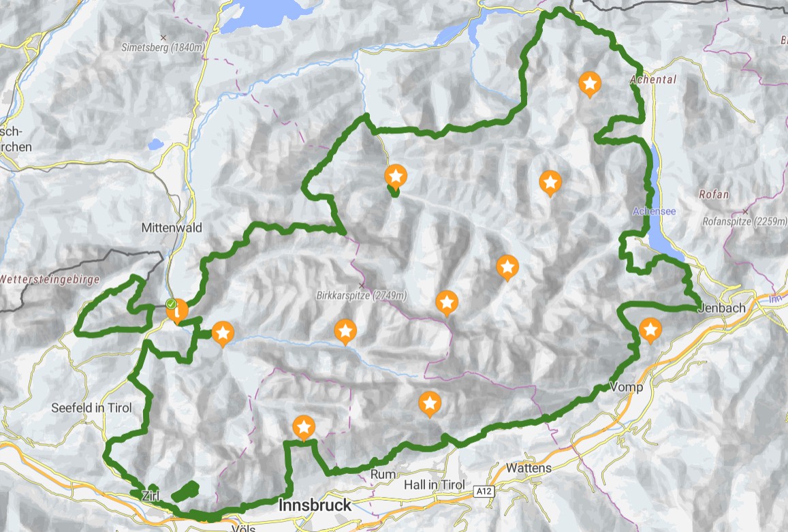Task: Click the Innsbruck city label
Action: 315,505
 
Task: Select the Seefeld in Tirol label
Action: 92,408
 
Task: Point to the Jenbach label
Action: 721,308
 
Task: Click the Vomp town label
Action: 627,387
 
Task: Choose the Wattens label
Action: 529,469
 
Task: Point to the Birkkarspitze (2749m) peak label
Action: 362,296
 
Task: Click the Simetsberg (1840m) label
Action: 163,48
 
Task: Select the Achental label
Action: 653,80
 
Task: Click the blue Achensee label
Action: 654,211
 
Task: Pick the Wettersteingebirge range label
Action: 50,279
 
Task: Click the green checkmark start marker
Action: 172,304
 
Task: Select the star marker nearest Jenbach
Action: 650,330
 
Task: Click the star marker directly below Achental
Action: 589,84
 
